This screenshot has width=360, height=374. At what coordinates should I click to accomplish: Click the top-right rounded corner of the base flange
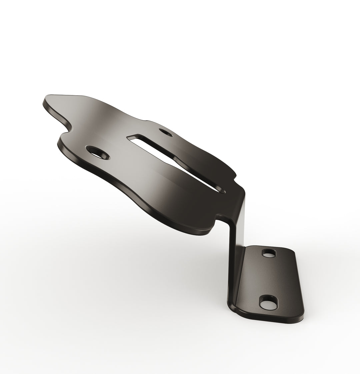tap(292, 252)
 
